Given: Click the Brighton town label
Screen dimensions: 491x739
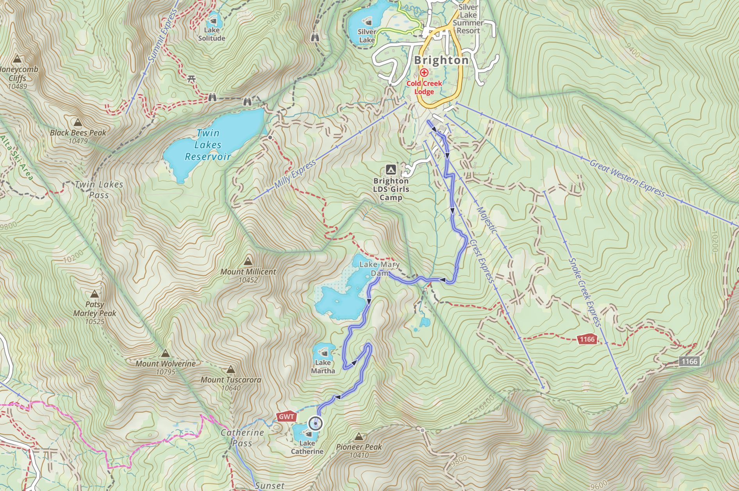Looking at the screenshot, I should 441,60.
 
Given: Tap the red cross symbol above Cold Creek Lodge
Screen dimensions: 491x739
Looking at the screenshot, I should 424,72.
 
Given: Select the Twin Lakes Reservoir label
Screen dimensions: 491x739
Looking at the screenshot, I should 208,145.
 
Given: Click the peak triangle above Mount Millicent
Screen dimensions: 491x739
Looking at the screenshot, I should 248,261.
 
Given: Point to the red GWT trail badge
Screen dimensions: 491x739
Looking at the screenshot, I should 286,417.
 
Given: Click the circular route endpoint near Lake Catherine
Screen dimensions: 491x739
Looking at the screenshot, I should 316,423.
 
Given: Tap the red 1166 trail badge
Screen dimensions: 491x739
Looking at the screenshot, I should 587,339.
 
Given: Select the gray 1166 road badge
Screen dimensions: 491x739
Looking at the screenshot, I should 689,361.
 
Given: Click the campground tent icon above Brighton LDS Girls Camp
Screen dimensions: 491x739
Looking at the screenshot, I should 390,170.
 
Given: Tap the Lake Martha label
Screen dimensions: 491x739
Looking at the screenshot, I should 323,367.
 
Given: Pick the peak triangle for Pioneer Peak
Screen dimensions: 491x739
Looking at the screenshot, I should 359,436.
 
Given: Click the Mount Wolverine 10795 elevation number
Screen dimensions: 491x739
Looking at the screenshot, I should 166,372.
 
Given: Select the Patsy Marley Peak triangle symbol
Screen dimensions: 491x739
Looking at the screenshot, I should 94,294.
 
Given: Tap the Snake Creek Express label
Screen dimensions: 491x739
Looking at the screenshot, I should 584,292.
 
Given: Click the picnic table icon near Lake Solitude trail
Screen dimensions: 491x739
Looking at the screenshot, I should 191,79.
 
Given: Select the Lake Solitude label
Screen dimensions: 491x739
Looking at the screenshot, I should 212,34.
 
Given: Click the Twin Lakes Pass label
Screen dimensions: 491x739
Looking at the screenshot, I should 99,190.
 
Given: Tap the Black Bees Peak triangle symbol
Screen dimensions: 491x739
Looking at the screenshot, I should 77,122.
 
